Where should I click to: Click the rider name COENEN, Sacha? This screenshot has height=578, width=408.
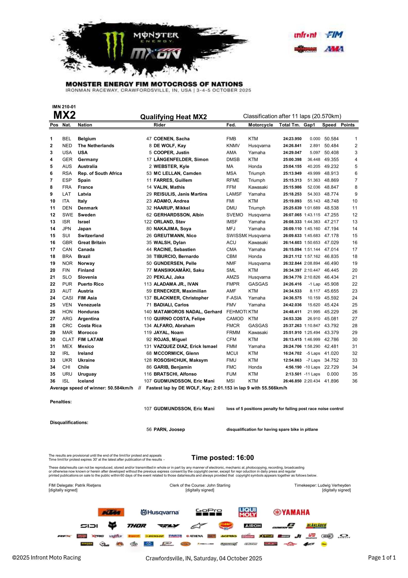pos(171,139)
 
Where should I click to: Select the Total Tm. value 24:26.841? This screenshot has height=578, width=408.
pos(292,146)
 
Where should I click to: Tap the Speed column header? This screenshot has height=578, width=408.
pos(329,125)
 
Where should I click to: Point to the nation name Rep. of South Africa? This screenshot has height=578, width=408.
pos(100,173)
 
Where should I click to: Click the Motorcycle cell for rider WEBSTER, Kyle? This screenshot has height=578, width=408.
pos(255,167)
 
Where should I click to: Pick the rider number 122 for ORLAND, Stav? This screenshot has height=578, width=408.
pos(148,222)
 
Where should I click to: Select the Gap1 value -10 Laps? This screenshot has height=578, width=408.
pos(312,367)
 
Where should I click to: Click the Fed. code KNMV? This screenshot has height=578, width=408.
pos(233,146)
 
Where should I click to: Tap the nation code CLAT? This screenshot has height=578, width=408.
pos(68,339)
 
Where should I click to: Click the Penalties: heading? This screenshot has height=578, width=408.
pos(61,402)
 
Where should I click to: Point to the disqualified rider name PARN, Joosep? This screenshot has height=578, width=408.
pos(169,430)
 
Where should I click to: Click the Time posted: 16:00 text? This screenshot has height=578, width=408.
pos(222,458)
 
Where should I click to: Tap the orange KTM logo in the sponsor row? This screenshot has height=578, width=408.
pos(111,512)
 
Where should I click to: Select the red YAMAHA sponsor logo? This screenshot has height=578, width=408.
pos(291,512)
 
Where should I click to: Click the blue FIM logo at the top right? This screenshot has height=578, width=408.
pos(334,35)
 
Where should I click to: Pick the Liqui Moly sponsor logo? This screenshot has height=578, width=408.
pos(247,512)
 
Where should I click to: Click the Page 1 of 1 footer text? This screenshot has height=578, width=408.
pos(381,558)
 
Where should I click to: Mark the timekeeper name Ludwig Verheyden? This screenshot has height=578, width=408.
pos(334,485)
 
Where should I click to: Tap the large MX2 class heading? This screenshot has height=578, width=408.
pos(64,115)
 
